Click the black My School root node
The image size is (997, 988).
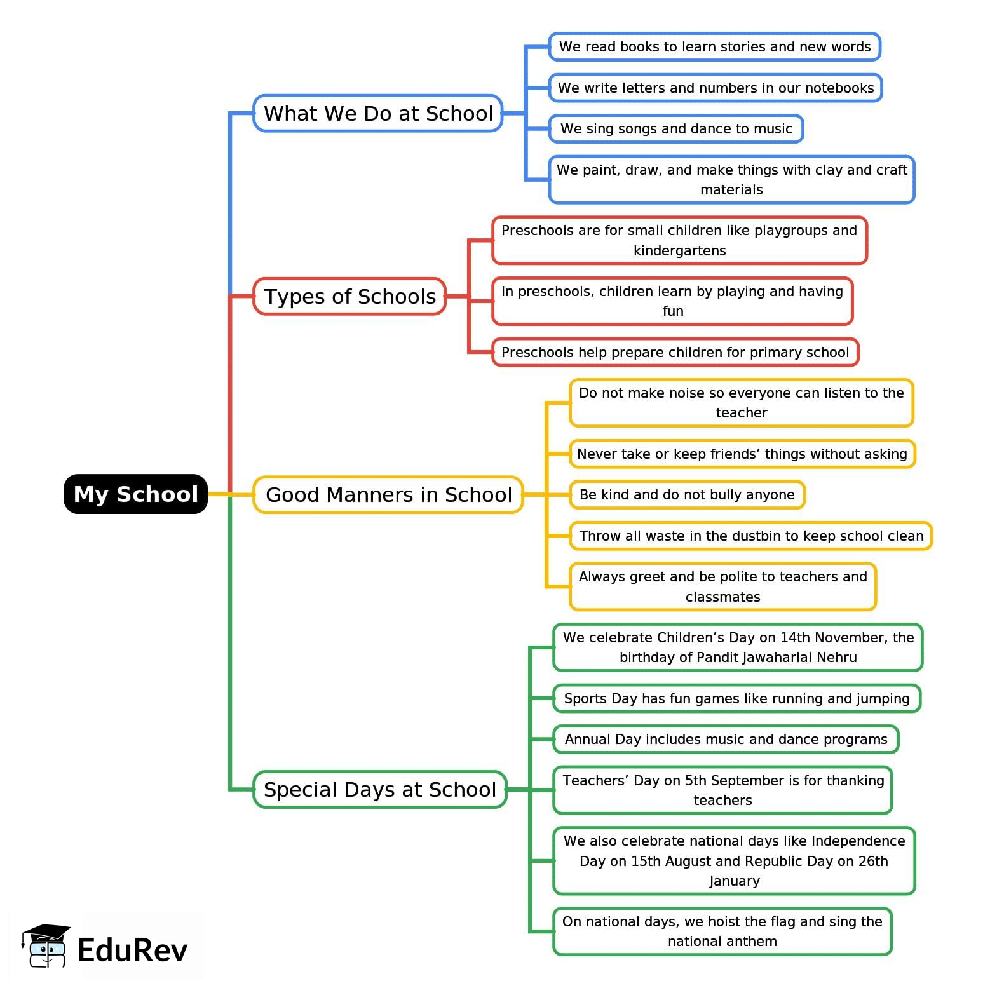coord(135,494)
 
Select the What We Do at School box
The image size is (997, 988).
coord(377,113)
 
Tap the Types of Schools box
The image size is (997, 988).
coord(349,296)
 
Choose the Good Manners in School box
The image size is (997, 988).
coord(388,494)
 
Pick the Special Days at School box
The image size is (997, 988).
coord(379,789)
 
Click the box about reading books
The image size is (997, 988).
coord(714,46)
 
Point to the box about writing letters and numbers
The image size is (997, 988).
coord(716,88)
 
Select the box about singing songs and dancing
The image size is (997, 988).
coord(676,128)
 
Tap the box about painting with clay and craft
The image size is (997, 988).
coord(731,179)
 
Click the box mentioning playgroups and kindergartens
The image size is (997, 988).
coord(679,240)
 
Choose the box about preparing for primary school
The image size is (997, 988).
coord(675,352)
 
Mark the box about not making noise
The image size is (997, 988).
coord(741,403)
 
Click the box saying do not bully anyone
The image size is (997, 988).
coord(687,494)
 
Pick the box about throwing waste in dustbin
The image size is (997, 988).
coord(751,536)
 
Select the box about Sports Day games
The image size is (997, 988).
coord(736,698)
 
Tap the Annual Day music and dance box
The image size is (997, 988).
coord(726,739)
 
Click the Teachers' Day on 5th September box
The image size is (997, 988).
coord(722,790)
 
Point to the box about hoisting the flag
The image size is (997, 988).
coord(722,931)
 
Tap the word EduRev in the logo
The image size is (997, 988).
coord(132,950)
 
